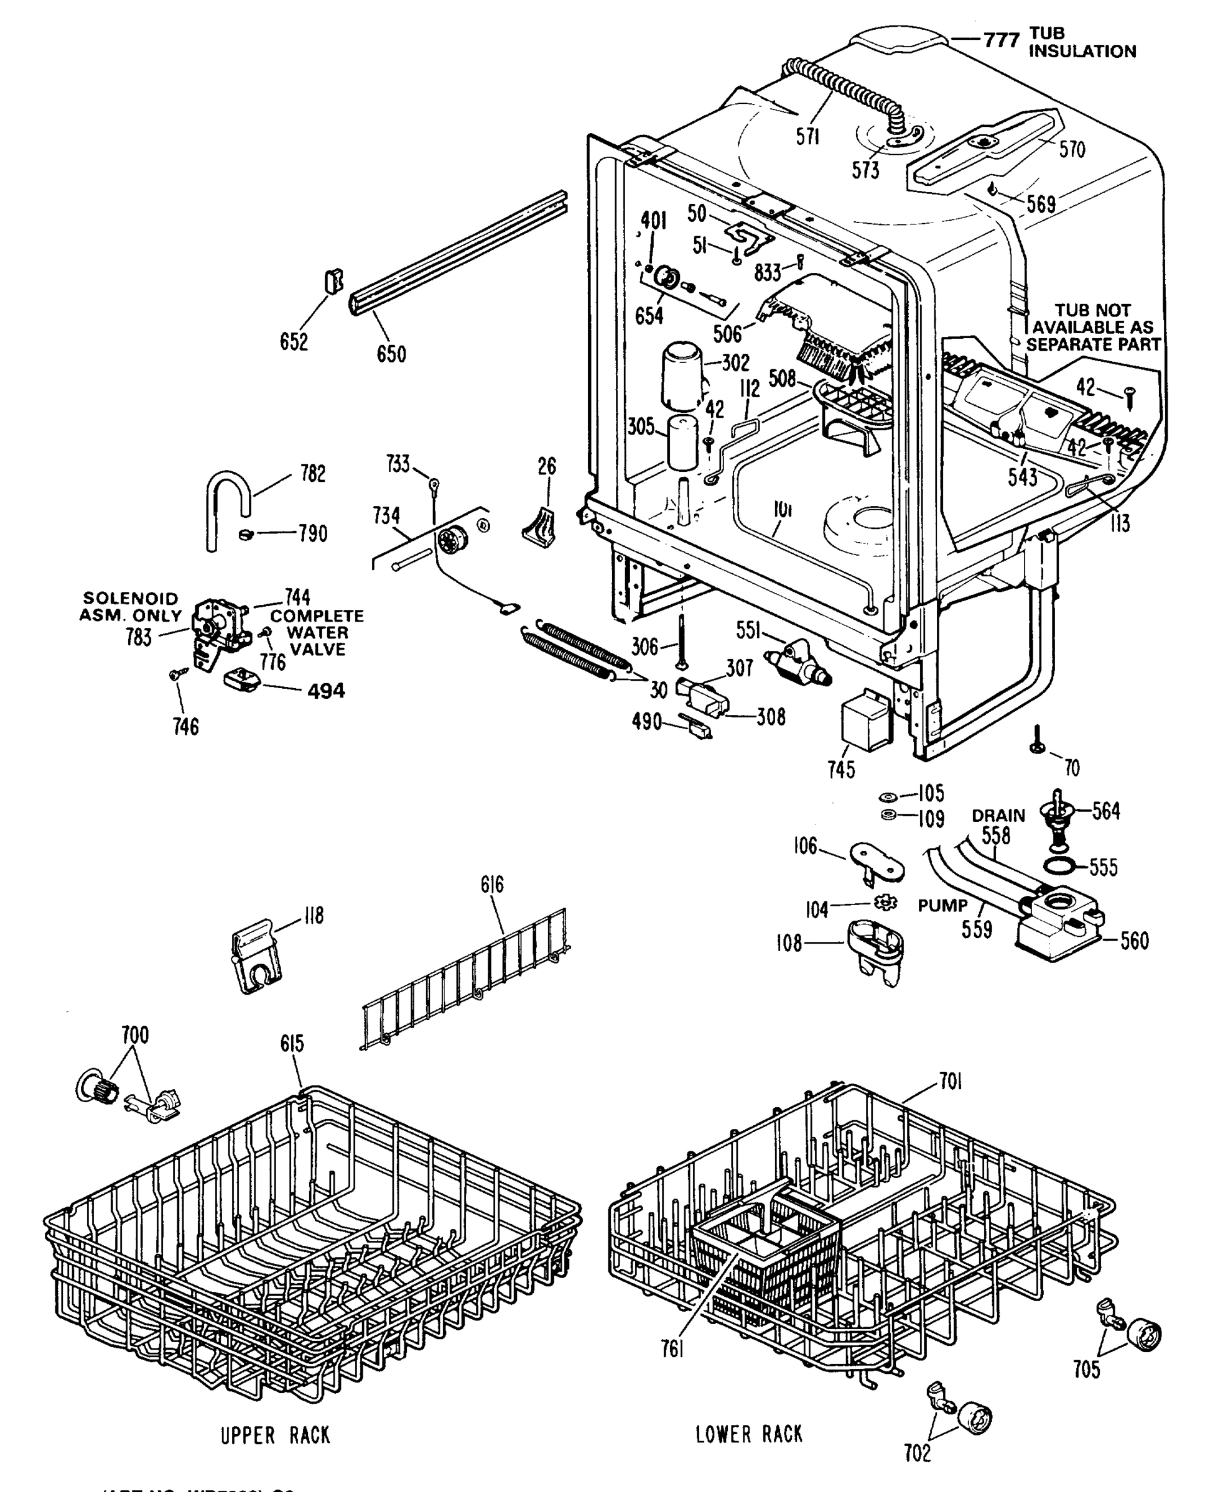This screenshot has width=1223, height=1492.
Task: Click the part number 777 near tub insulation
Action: [x=1001, y=41]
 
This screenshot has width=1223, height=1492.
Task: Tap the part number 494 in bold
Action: [x=326, y=691]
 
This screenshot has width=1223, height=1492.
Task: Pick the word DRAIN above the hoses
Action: [x=998, y=816]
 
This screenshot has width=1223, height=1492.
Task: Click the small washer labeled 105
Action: [x=886, y=796]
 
